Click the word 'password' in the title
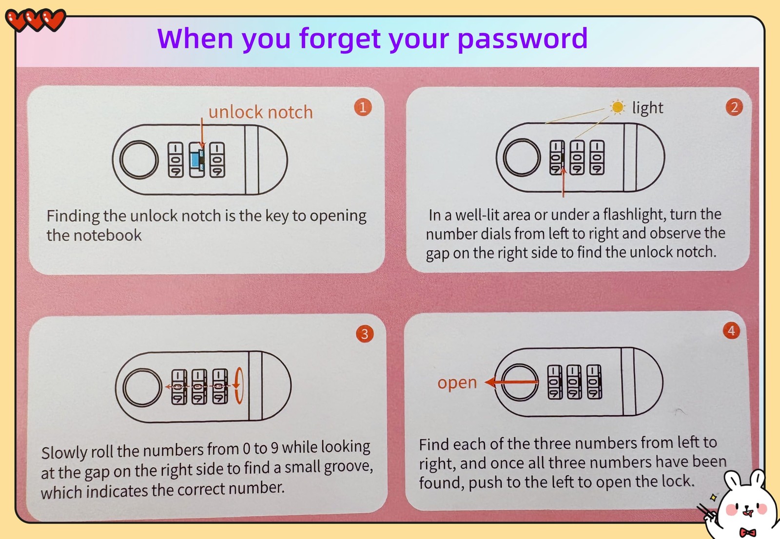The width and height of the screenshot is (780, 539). [522, 39]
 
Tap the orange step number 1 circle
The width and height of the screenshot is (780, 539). [363, 107]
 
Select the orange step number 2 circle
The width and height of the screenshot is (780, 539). [734, 107]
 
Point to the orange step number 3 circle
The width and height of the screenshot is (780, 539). [365, 334]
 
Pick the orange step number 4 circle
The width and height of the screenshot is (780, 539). [731, 330]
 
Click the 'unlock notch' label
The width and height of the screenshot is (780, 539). [260, 112]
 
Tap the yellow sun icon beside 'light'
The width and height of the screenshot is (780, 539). [617, 107]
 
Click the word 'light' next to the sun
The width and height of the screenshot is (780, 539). [648, 108]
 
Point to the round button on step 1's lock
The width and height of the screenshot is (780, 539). [139, 160]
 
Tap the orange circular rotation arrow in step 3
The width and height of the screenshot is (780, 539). [238, 385]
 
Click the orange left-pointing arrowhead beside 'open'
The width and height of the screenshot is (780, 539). [490, 382]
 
